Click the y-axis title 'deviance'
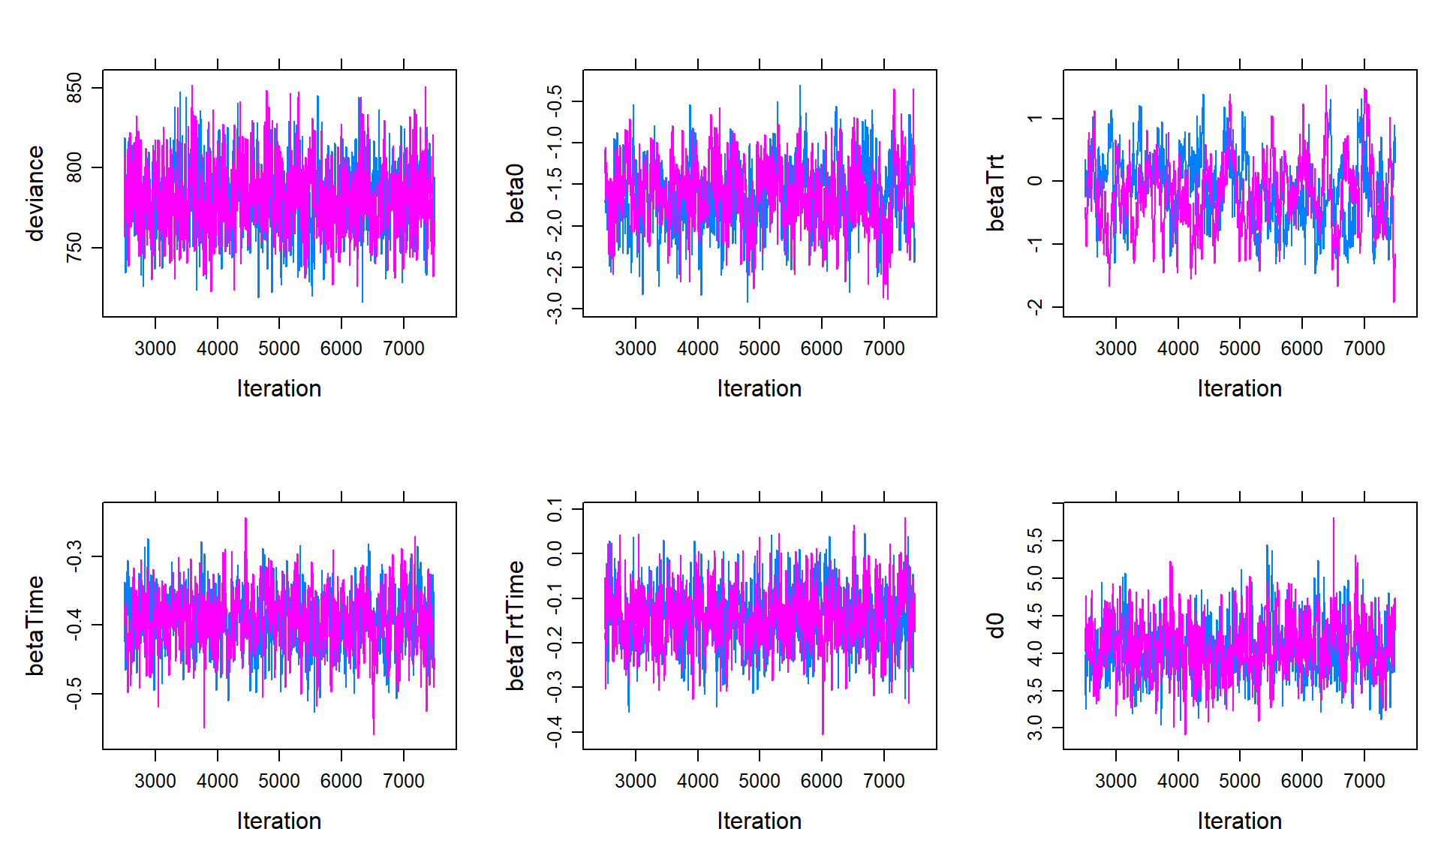(x=35, y=194)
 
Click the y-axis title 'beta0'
(x=516, y=194)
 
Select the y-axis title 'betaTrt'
(x=996, y=194)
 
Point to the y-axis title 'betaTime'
(x=35, y=626)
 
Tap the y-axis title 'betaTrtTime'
(x=516, y=626)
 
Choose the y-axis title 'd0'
(x=996, y=626)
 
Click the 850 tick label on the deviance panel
(x=74, y=88)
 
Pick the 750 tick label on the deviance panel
(x=74, y=248)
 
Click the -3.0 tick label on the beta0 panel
(x=555, y=309)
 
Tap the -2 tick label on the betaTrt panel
(x=1035, y=307)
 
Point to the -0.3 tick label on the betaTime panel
(x=74, y=556)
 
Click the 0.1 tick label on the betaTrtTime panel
(x=555, y=510)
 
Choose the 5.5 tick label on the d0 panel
(x=1035, y=541)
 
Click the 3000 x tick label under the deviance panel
(x=155, y=348)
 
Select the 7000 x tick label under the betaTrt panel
(x=1364, y=348)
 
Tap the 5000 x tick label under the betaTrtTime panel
(x=759, y=781)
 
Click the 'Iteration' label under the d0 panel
(x=1239, y=821)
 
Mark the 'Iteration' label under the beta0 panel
(x=759, y=388)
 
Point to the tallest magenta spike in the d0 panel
(x=1334, y=520)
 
